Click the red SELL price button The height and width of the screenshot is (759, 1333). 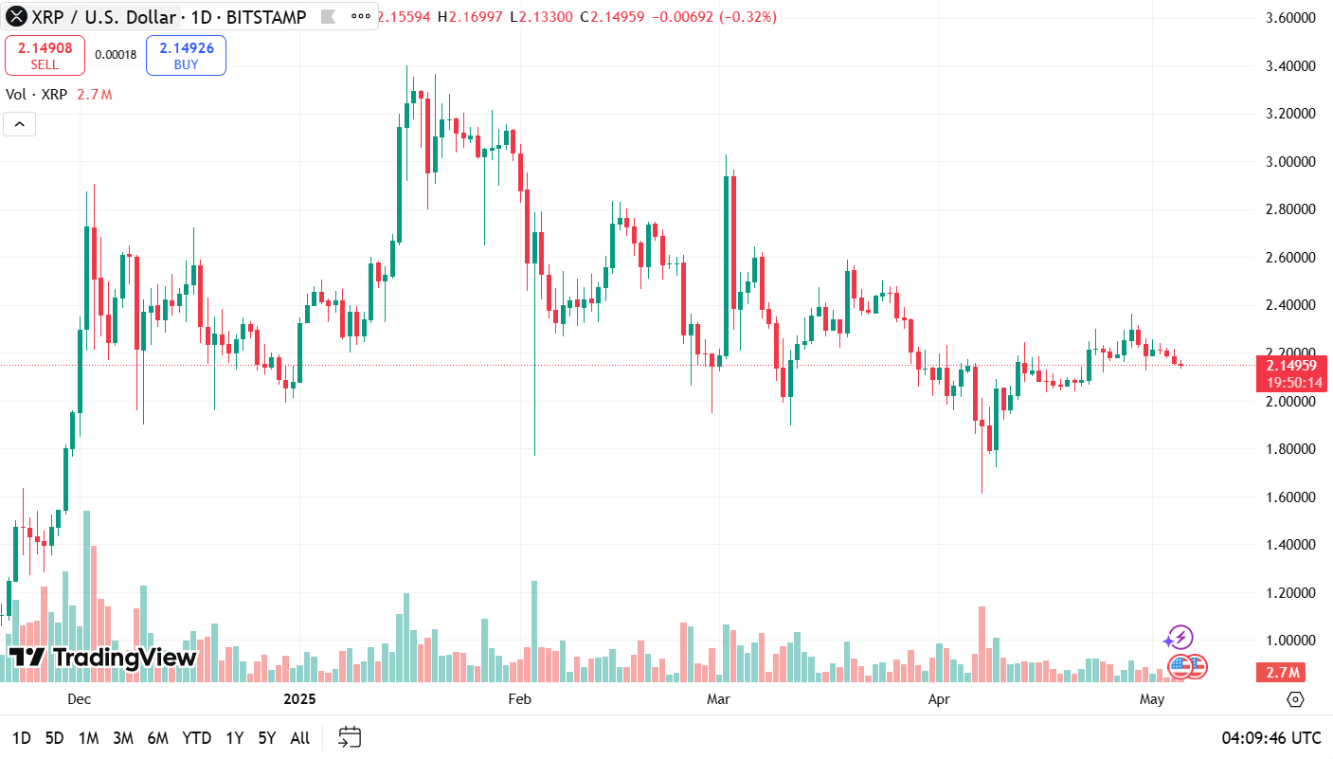pyautogui.click(x=45, y=55)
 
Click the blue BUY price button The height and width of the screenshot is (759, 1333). pyautogui.click(x=186, y=55)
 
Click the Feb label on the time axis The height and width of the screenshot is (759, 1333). pyautogui.click(x=519, y=699)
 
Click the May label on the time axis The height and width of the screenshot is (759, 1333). pyautogui.click(x=1151, y=699)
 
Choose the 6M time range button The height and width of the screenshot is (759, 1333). pyautogui.click(x=158, y=738)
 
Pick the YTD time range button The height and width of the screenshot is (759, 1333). pyautogui.click(x=197, y=738)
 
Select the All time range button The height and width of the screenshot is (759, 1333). pyautogui.click(x=299, y=738)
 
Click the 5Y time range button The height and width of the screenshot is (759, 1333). pyautogui.click(x=267, y=738)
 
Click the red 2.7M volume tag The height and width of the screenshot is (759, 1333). pyautogui.click(x=1281, y=673)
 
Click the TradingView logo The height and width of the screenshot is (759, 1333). pyautogui.click(x=102, y=658)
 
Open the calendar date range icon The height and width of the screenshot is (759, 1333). pyautogui.click(x=350, y=737)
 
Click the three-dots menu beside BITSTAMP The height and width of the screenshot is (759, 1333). pyautogui.click(x=361, y=17)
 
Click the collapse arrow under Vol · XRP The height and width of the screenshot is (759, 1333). pyautogui.click(x=20, y=124)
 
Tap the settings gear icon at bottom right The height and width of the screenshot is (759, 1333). pyautogui.click(x=1295, y=699)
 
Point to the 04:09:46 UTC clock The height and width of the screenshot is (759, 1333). pyautogui.click(x=1270, y=738)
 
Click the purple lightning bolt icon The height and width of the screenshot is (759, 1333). pyautogui.click(x=1180, y=638)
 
